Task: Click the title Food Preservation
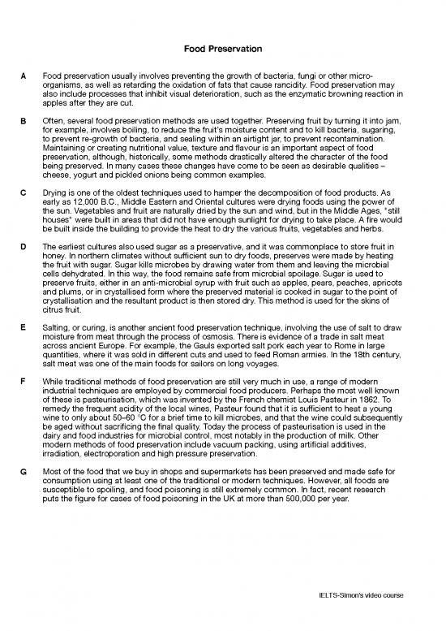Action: pos(223,48)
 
